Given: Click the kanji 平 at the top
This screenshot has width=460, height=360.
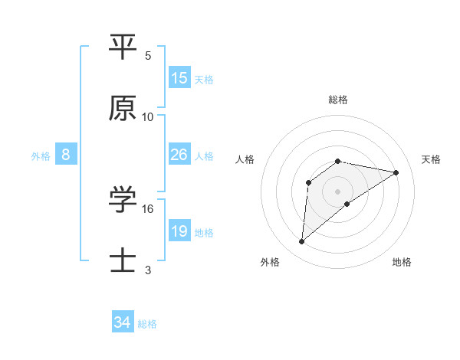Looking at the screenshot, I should pos(123,47).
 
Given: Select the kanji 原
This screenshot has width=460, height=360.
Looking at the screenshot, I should pos(123,110).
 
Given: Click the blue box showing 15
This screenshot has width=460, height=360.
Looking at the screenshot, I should pos(179,78).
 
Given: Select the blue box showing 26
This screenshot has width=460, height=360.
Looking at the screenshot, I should pos(179,155).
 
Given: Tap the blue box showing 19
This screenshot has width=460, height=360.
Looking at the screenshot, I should pos(179,231).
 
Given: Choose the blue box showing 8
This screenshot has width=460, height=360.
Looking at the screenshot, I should pos(66,155).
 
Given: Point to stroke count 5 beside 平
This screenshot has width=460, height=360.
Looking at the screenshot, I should pos(148,55).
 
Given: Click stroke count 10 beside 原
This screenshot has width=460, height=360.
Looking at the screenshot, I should pos(148,117).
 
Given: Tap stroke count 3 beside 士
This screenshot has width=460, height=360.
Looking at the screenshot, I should pos(148,270).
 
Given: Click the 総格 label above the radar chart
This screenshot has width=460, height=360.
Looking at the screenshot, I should pos(338,100).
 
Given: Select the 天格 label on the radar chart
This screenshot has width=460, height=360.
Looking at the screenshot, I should pos(431,159).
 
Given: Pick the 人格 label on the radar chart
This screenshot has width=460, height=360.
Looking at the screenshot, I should pos(245,159).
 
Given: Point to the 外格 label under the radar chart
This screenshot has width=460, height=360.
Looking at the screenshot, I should pos(269,262).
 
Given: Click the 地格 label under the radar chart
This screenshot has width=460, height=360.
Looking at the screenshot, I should pos(402,262).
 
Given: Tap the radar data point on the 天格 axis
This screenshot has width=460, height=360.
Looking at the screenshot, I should pos(396,172).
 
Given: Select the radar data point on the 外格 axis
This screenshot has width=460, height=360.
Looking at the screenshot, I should pos(301,242).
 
